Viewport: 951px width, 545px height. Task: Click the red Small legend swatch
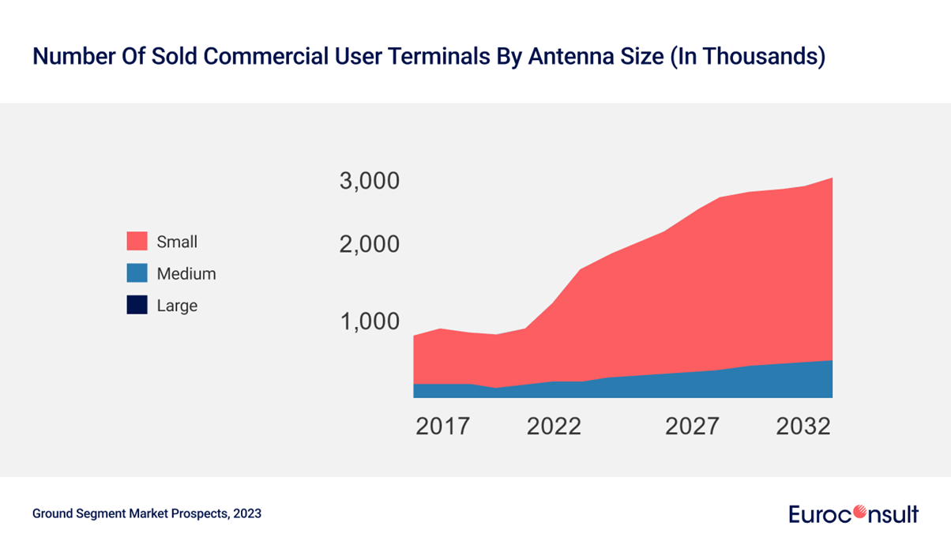(x=137, y=242)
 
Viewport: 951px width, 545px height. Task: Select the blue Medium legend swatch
(x=137, y=273)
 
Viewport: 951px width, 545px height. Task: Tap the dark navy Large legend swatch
(x=137, y=305)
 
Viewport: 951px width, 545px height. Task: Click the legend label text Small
(x=177, y=242)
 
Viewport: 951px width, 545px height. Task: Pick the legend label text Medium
(x=186, y=274)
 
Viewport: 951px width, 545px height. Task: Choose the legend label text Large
(x=177, y=306)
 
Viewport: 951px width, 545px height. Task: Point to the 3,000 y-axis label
(x=370, y=181)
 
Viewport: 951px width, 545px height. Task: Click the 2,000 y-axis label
(x=370, y=244)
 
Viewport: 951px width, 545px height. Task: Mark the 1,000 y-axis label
(x=370, y=321)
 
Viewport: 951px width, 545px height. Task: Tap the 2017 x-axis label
(x=442, y=427)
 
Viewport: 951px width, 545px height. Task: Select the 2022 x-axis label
(x=554, y=427)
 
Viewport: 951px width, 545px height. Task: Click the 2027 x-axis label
(x=692, y=427)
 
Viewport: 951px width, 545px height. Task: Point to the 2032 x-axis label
(x=803, y=427)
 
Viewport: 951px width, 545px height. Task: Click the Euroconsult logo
(x=853, y=514)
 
